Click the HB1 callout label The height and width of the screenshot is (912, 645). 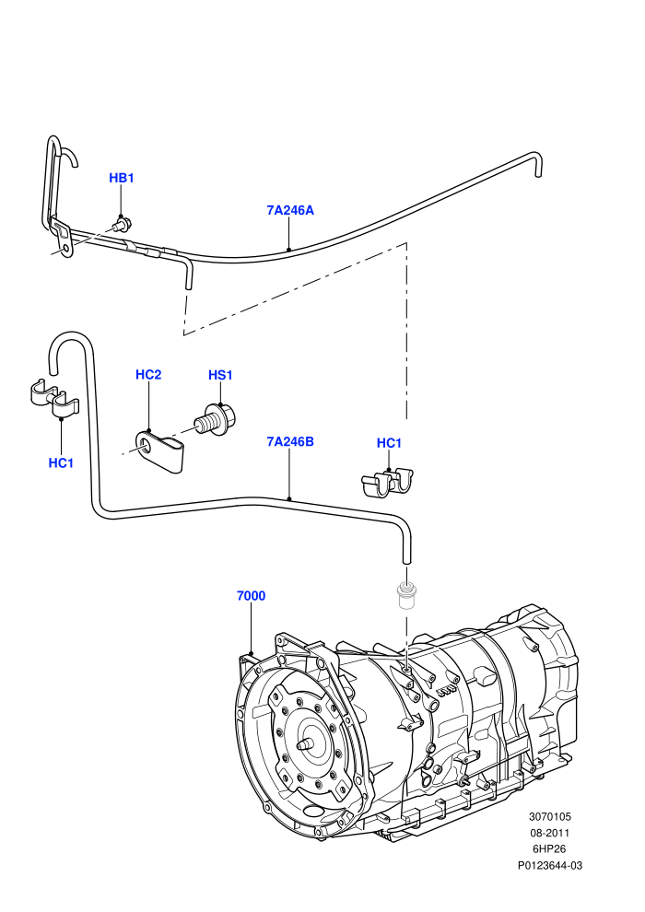(122, 178)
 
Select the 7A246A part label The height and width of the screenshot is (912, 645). (290, 210)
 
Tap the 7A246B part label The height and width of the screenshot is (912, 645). (290, 441)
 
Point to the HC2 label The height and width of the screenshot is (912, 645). (148, 375)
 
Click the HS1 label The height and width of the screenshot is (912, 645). (220, 375)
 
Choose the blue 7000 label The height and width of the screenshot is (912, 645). (252, 596)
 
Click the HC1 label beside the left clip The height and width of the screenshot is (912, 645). (61, 463)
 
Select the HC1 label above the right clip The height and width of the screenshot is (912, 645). (389, 443)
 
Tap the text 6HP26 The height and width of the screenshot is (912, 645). (549, 849)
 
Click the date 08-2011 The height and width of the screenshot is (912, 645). (549, 833)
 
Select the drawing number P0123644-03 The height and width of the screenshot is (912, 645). (549, 865)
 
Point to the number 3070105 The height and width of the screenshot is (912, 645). (549, 816)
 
